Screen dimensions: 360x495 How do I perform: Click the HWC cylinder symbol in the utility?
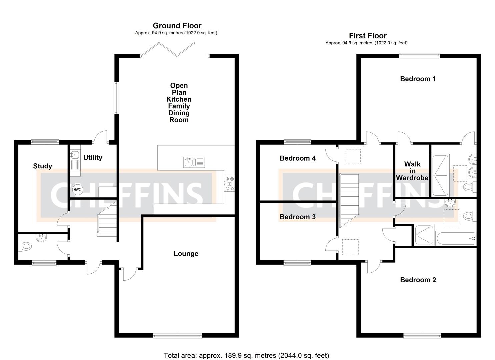point(77,189)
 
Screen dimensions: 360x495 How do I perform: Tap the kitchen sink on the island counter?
point(194,162)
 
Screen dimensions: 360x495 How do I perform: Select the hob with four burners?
point(230,184)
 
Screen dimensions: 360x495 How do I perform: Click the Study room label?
point(43,166)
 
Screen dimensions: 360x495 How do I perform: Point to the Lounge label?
point(186,254)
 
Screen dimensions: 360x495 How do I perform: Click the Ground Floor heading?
point(177,26)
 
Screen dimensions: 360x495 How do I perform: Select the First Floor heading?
point(368,36)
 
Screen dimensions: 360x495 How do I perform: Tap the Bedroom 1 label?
point(418,79)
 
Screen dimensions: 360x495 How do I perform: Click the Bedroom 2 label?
point(418,280)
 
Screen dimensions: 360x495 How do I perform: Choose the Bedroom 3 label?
point(298,217)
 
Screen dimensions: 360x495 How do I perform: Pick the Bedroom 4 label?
point(298,158)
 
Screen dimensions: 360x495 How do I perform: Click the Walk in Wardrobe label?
point(412,171)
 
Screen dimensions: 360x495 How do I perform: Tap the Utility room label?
point(93,158)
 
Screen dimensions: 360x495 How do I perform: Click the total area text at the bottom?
point(246,355)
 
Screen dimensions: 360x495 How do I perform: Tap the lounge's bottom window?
point(177,336)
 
